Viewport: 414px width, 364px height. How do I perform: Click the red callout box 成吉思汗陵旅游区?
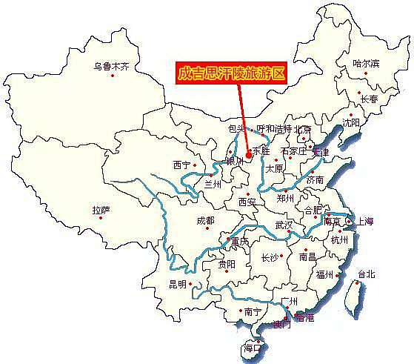point(232,73)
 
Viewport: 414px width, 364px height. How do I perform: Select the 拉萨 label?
point(101,211)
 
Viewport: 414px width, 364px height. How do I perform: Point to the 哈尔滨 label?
point(365,63)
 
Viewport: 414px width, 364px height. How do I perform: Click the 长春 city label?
point(369,99)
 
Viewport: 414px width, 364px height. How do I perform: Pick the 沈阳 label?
point(350,122)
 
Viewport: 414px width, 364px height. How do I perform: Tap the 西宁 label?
point(181,165)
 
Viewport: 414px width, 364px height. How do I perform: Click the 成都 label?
point(205,220)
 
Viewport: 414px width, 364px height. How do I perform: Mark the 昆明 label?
point(179,284)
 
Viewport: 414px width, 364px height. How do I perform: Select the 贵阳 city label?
point(227,264)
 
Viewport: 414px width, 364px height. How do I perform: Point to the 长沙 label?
point(271,258)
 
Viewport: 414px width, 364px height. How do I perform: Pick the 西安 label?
point(247,201)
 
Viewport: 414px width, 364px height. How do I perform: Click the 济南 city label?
point(315,179)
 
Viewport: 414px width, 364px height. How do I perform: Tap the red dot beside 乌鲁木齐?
point(113,76)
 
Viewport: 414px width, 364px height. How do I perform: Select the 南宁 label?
point(253,312)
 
